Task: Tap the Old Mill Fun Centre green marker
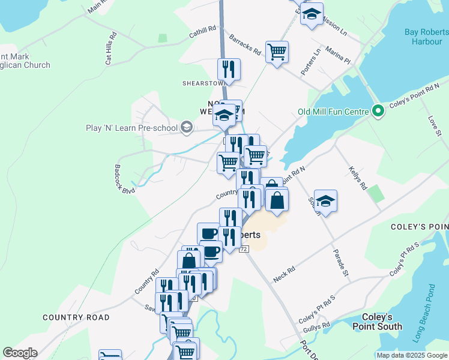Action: tap(378, 110)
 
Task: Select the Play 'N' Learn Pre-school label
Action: tap(132, 128)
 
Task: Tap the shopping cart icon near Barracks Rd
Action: tap(277, 52)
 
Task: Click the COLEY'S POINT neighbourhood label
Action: tap(418, 226)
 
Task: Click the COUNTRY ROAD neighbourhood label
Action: tap(76, 317)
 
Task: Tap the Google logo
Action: tap(20, 353)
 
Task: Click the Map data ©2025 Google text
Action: tap(411, 355)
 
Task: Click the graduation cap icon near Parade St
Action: tap(325, 201)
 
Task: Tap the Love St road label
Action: tap(435, 125)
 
